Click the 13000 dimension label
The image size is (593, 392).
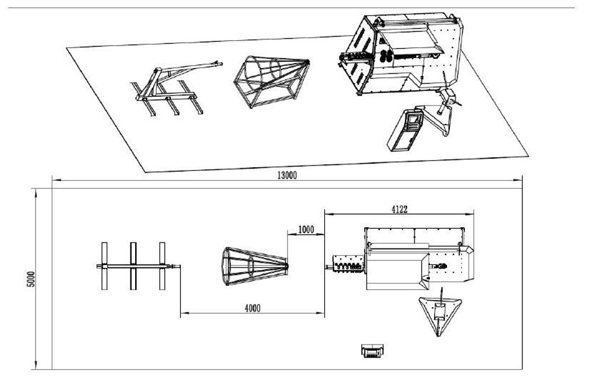(x=286, y=175)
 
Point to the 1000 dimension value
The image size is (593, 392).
(x=307, y=229)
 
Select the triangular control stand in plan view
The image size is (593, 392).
(x=439, y=313)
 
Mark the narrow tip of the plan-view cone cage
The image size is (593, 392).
(x=287, y=266)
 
